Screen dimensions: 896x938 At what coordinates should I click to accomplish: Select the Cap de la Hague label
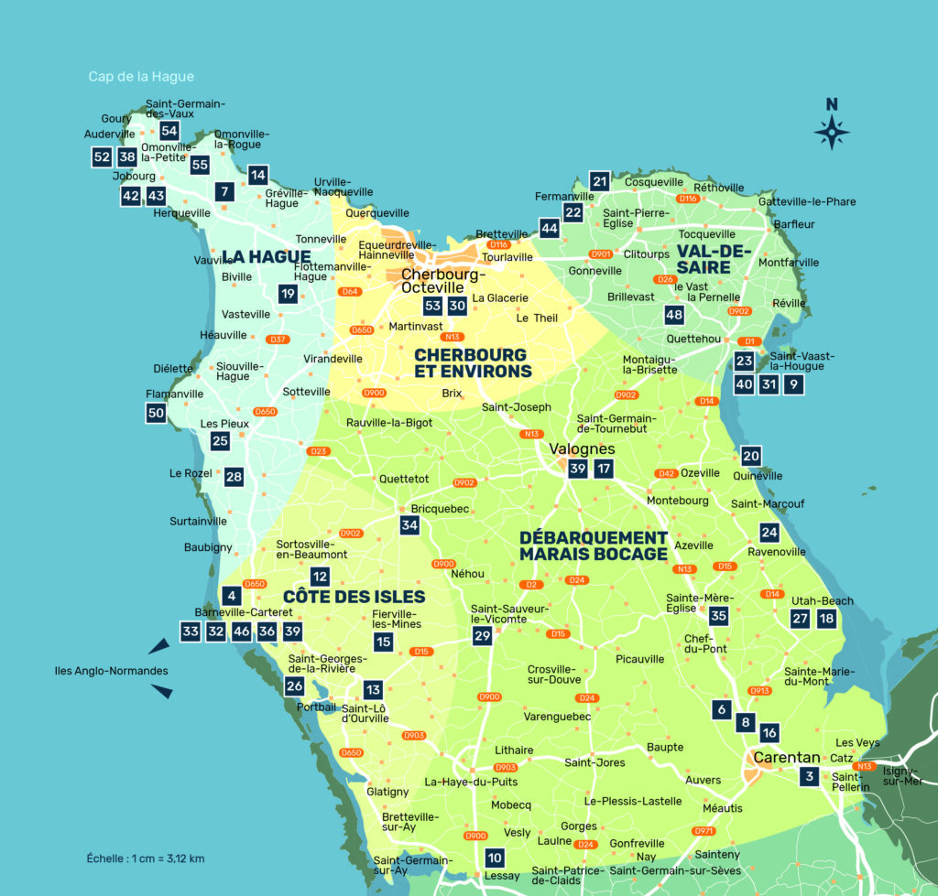pyautogui.click(x=141, y=77)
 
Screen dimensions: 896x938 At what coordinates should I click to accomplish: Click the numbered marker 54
pyautogui.click(x=169, y=131)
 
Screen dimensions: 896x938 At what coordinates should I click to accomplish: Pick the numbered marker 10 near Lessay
pyautogui.click(x=495, y=858)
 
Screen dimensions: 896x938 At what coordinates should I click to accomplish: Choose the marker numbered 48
pyautogui.click(x=674, y=315)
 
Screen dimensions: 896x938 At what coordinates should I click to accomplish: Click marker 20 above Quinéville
pyautogui.click(x=751, y=455)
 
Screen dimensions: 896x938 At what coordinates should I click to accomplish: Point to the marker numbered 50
pyautogui.click(x=156, y=413)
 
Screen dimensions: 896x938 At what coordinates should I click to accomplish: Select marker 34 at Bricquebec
pyautogui.click(x=409, y=525)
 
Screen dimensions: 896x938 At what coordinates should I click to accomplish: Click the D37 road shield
pyautogui.click(x=278, y=340)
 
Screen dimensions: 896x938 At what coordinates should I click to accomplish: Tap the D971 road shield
pyautogui.click(x=703, y=831)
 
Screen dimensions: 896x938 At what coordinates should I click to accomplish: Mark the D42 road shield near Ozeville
pyautogui.click(x=666, y=473)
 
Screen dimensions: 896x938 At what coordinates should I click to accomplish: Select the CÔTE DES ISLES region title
pyautogui.click(x=354, y=597)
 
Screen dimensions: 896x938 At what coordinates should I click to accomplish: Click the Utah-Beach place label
pyautogui.click(x=822, y=601)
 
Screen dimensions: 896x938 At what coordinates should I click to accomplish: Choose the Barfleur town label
pyautogui.click(x=793, y=224)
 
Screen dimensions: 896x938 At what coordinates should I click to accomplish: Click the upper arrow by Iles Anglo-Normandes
pyautogui.click(x=158, y=646)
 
